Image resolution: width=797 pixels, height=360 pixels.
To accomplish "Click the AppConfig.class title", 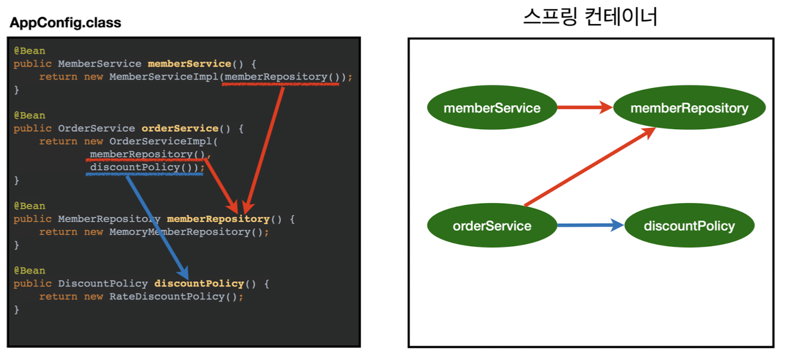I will pos(65,23).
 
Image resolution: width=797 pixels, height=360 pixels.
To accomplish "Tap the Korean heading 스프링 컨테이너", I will pos(590,17).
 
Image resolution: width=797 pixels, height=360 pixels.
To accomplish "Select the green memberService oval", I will pos(492,108).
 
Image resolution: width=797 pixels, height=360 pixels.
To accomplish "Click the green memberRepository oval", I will pos(689,108).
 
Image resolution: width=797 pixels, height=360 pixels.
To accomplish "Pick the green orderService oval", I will pos(492,225).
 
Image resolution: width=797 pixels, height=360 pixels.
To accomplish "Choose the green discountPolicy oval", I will pos(689,225).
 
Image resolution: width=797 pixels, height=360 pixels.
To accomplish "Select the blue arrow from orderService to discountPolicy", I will pos(590,225).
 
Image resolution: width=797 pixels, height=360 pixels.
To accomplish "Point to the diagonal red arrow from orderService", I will pos(590,167).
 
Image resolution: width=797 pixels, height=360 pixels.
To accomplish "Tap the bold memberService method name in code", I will pos(189,64).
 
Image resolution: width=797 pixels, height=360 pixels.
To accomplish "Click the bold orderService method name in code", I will pos(180,129).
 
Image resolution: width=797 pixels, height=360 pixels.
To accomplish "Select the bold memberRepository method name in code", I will pos(218,219).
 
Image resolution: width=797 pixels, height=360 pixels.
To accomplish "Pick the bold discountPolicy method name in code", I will pos(199,283).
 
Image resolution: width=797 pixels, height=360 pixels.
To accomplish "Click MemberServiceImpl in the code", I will pos(164,77).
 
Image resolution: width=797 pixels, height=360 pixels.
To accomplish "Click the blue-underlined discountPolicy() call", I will pos(145,167).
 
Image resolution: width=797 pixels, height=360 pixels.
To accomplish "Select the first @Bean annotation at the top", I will pos(30,51).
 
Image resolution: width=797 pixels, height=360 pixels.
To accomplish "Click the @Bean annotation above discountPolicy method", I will pos(30,270).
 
